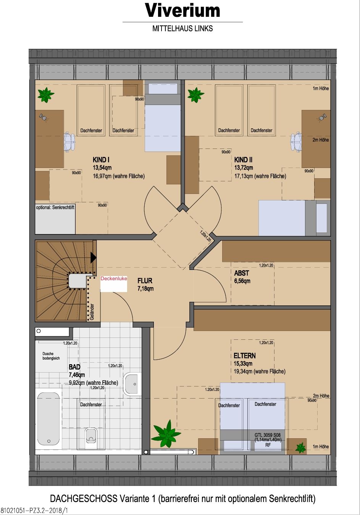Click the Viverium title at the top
(x=182, y=10)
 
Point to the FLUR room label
(x=145, y=281)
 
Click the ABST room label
(x=241, y=273)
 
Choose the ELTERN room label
(x=245, y=356)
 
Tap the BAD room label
(x=74, y=367)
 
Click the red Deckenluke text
(x=114, y=278)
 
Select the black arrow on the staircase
(x=93, y=257)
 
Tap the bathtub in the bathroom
(x=48, y=419)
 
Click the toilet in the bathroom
(x=91, y=435)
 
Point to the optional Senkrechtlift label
(x=55, y=207)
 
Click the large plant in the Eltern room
(x=166, y=434)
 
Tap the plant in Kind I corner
(x=46, y=95)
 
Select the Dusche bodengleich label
(x=51, y=356)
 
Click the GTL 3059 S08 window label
(x=268, y=435)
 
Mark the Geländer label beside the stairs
(x=92, y=312)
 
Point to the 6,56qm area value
(x=242, y=281)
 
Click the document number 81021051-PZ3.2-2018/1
(x=34, y=511)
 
